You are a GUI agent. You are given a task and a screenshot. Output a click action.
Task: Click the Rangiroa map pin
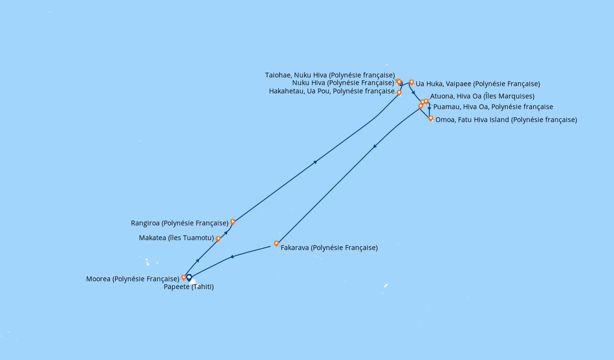click(x=233, y=222)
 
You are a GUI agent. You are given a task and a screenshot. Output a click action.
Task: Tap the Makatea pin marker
click(x=218, y=239)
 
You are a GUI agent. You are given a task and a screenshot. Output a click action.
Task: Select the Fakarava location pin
click(x=276, y=243)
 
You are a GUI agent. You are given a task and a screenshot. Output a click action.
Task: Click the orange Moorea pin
click(x=184, y=278)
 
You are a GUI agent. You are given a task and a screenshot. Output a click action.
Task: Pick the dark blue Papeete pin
click(x=189, y=277)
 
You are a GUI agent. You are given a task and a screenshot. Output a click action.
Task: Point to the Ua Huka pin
click(x=412, y=82)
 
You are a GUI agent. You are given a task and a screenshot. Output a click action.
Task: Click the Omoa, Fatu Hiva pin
click(x=431, y=119)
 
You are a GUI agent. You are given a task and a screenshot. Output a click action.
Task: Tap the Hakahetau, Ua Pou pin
click(x=399, y=93)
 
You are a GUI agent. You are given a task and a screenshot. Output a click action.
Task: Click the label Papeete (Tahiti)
click(x=189, y=287)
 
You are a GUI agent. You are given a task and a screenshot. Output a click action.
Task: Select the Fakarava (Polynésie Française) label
click(x=329, y=248)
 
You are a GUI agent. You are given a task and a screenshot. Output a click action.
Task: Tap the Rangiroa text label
click(x=180, y=223)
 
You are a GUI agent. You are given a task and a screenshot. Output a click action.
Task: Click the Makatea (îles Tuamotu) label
click(x=177, y=238)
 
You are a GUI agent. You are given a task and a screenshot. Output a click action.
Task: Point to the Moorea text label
click(x=133, y=279)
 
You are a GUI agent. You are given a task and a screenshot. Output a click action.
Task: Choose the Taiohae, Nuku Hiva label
click(x=330, y=75)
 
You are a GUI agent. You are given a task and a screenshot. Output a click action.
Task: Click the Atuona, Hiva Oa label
click(x=483, y=96)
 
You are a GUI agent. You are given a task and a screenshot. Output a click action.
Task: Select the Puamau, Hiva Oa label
click(x=493, y=107)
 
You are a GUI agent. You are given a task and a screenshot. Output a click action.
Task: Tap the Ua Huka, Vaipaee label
click(x=478, y=84)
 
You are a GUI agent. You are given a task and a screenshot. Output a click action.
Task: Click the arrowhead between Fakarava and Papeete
click(x=232, y=257)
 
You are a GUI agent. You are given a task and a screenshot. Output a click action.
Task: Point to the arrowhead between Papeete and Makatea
click(x=198, y=260)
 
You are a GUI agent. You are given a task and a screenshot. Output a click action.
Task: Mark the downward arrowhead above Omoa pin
click(x=429, y=108)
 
